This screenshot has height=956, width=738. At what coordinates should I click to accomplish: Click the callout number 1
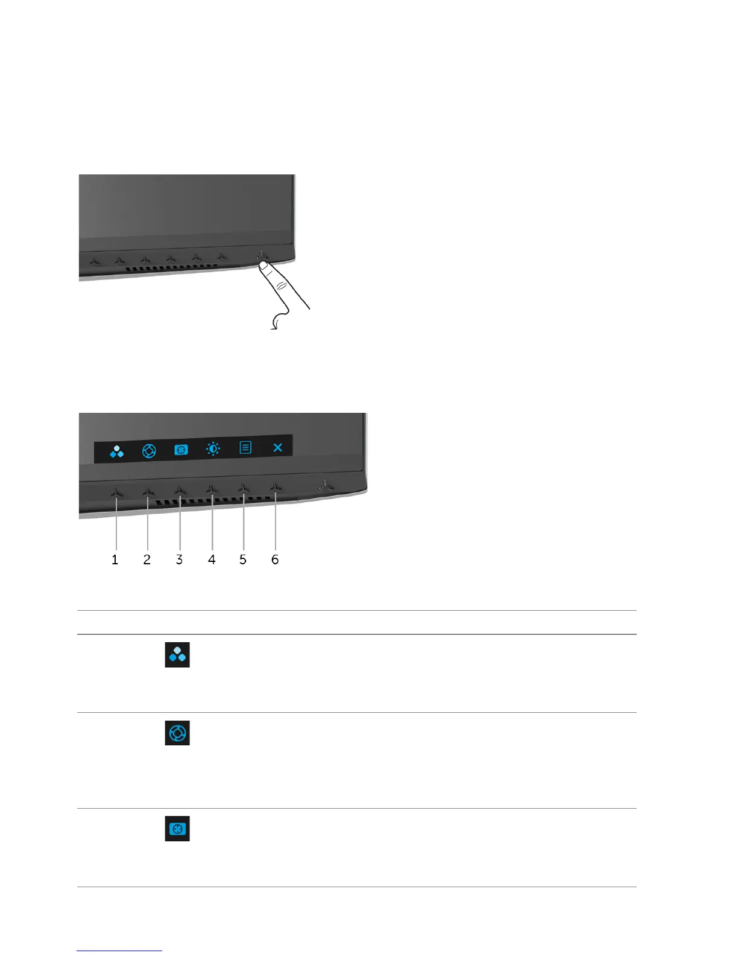click(x=115, y=559)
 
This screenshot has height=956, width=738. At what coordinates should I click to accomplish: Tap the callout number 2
click(x=147, y=559)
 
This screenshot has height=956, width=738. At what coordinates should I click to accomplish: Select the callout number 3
click(x=179, y=559)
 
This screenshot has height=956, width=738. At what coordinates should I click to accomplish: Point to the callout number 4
click(x=212, y=559)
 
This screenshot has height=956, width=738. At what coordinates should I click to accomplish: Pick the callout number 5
click(x=243, y=559)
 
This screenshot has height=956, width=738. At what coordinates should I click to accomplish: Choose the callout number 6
click(x=275, y=559)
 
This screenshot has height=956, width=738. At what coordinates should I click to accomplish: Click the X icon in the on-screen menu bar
click(x=277, y=448)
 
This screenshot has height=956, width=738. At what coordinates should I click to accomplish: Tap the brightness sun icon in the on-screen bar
click(x=213, y=448)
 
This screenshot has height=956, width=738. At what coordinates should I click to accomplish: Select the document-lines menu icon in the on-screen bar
click(x=245, y=448)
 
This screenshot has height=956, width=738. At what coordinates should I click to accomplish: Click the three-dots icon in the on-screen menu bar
click(x=117, y=450)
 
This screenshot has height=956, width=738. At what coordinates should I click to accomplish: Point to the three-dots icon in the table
click(x=177, y=655)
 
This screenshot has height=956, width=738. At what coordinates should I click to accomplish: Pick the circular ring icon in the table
click(x=177, y=733)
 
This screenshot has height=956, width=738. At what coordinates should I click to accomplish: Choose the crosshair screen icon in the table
click(x=177, y=829)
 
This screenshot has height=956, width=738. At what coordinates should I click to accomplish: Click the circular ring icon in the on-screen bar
click(x=149, y=450)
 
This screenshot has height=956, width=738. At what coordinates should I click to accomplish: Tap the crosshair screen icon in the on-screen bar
click(x=181, y=450)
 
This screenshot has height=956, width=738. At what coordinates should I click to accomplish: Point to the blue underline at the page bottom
click(x=119, y=951)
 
